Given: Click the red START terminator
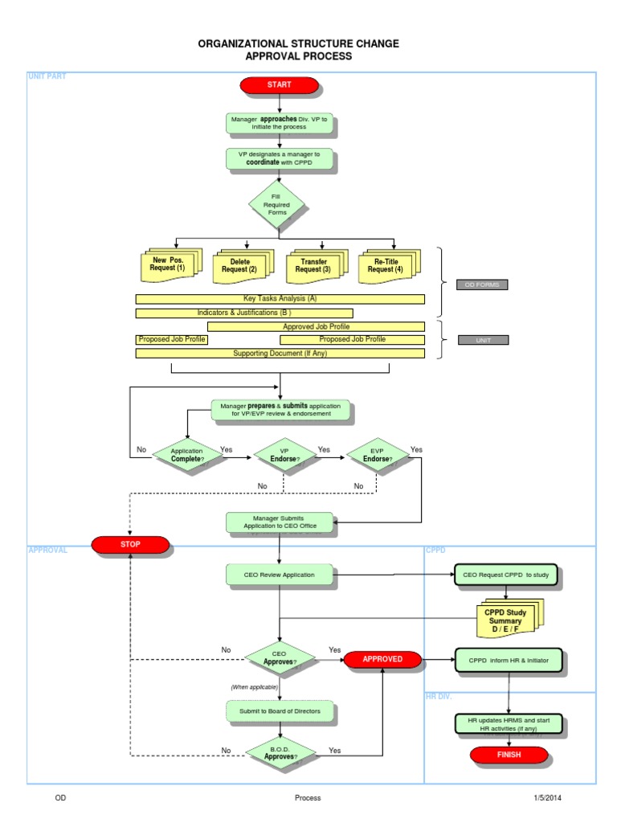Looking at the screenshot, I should (279, 84).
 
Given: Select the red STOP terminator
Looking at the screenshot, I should (130, 545).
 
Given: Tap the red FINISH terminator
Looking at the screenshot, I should (509, 755).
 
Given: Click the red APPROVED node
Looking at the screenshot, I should (382, 659).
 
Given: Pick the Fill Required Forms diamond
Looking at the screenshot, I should (277, 203).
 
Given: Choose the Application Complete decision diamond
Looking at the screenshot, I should (186, 456).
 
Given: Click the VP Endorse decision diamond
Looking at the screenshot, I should (284, 456).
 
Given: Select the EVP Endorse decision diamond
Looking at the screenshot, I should (377, 456).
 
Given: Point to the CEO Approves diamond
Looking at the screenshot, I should (280, 658).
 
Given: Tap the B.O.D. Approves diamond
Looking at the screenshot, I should (280, 752).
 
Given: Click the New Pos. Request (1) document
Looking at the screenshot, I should (168, 266).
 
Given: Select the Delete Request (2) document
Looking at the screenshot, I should (240, 266).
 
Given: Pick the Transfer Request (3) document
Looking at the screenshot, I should (313, 266).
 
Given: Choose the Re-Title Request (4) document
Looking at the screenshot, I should (386, 266).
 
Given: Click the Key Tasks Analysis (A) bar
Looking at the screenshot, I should (280, 299).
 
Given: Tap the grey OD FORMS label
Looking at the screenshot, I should (482, 285).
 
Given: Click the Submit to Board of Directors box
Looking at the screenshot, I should (280, 711).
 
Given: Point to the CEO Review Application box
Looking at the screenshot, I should (280, 575).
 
